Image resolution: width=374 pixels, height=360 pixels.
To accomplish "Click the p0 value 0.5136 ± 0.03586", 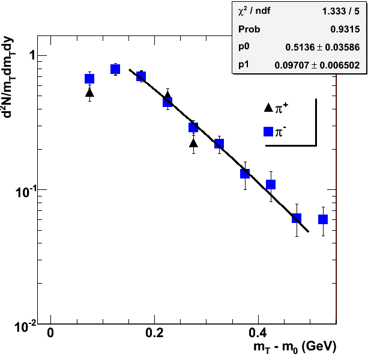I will point(321,46).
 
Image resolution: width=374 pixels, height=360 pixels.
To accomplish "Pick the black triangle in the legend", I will point(268,108).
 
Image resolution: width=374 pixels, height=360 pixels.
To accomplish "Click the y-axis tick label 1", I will point(34,56).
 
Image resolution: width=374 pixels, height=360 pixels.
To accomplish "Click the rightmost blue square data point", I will point(322,219).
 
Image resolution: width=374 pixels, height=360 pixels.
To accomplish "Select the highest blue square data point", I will point(115,69).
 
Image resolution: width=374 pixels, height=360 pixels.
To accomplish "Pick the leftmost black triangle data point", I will point(89,93).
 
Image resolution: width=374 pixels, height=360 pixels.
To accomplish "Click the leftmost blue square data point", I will point(89,79).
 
